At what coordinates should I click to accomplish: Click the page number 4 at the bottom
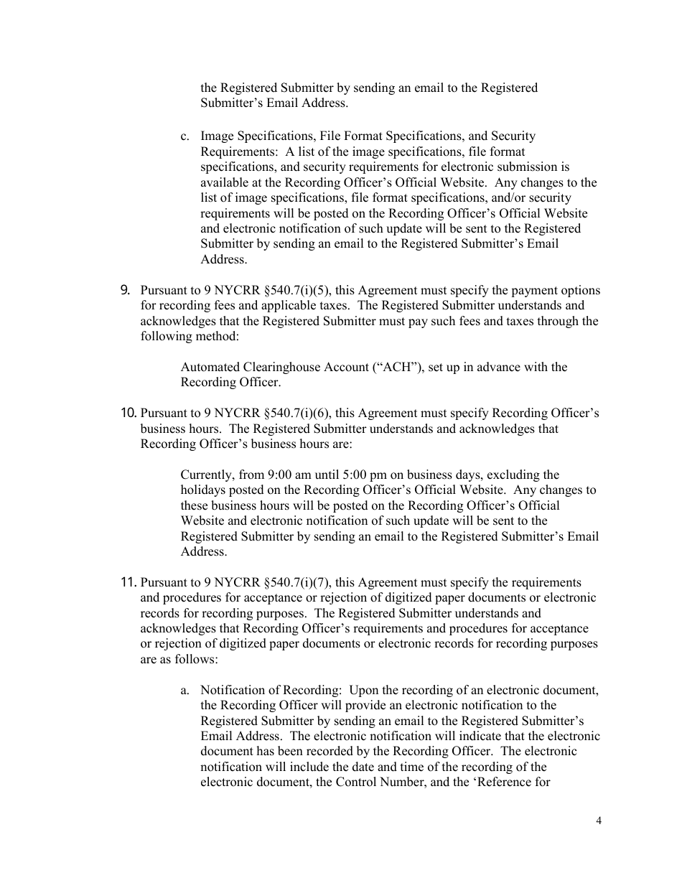click(598, 822)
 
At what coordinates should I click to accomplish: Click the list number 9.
click(125, 291)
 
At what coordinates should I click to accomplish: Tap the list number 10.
click(129, 413)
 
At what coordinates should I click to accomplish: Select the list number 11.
click(129, 582)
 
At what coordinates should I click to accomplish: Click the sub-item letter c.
click(184, 136)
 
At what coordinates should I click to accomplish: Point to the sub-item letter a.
click(184, 690)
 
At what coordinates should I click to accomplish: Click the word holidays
click(202, 490)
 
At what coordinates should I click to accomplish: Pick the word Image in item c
click(216, 136)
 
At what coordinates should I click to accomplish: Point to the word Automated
click(205, 367)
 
